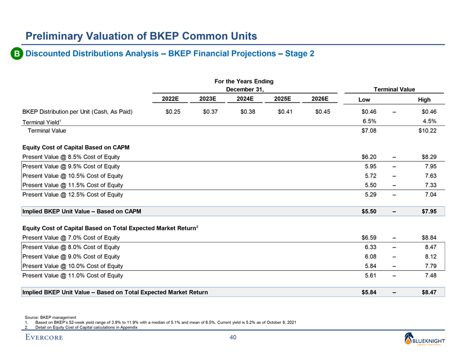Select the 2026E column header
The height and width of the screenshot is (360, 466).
pyautogui.click(x=320, y=99)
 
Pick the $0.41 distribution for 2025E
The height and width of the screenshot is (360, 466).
pyautogui.click(x=283, y=112)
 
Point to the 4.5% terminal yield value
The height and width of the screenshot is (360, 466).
pyautogui.click(x=429, y=121)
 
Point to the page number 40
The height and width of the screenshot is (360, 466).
pyautogui.click(x=233, y=339)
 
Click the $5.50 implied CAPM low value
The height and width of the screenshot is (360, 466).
pyautogui.click(x=368, y=211)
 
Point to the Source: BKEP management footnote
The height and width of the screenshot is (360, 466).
pyautogui.click(x=43, y=316)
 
